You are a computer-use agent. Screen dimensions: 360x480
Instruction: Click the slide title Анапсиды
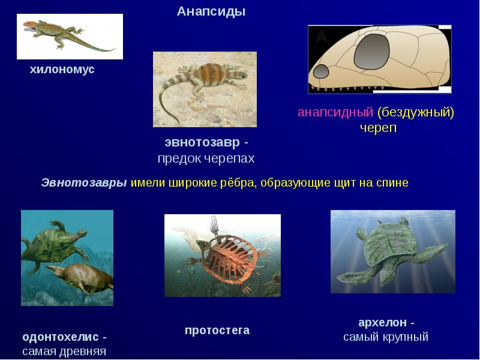click(211, 12)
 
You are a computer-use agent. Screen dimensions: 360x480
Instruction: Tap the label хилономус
click(62, 70)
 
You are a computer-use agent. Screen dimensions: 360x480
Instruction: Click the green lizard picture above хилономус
click(70, 36)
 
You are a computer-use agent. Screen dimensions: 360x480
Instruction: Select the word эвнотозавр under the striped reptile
click(202, 143)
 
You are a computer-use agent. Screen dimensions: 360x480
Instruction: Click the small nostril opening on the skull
click(321, 71)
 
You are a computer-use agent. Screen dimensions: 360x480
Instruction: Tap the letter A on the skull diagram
click(322, 37)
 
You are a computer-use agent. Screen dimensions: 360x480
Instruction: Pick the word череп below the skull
click(379, 128)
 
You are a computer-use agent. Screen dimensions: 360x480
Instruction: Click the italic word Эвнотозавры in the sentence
click(84, 183)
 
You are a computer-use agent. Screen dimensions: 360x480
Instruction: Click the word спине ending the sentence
click(392, 183)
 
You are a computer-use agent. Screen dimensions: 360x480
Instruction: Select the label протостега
click(217, 331)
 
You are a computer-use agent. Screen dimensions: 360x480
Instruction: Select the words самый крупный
click(386, 337)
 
